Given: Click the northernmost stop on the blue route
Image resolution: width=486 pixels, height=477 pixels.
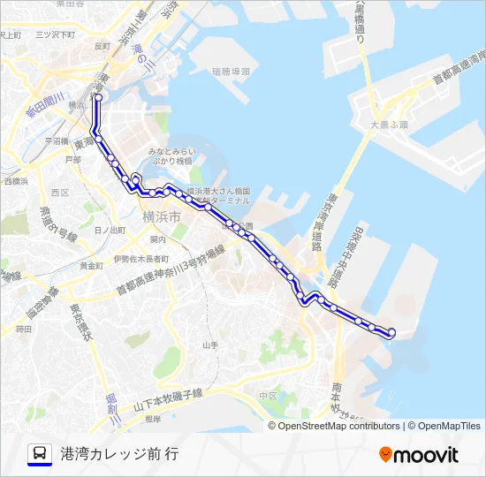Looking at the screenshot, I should pos(98,97).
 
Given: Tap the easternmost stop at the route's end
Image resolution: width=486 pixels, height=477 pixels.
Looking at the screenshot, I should pos(391,332).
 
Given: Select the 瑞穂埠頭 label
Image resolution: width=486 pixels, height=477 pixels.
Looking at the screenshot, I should pos(232,71).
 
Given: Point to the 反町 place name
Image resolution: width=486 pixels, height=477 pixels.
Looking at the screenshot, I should pos(103,45).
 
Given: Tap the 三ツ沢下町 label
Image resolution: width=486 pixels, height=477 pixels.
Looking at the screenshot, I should pos(52,34).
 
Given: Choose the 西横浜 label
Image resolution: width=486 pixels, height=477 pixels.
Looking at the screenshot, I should pos(16,181).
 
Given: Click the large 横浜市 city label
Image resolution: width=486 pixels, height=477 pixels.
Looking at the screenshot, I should pos(162,216).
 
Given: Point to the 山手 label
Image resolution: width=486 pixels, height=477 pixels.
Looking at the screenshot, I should pos(210,345).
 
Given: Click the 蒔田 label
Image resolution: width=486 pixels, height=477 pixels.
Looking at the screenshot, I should pos(24,329).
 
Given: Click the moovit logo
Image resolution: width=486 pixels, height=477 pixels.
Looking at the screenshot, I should pos(419,454).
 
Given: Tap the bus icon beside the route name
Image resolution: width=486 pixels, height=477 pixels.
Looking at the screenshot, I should pos(40,453).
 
